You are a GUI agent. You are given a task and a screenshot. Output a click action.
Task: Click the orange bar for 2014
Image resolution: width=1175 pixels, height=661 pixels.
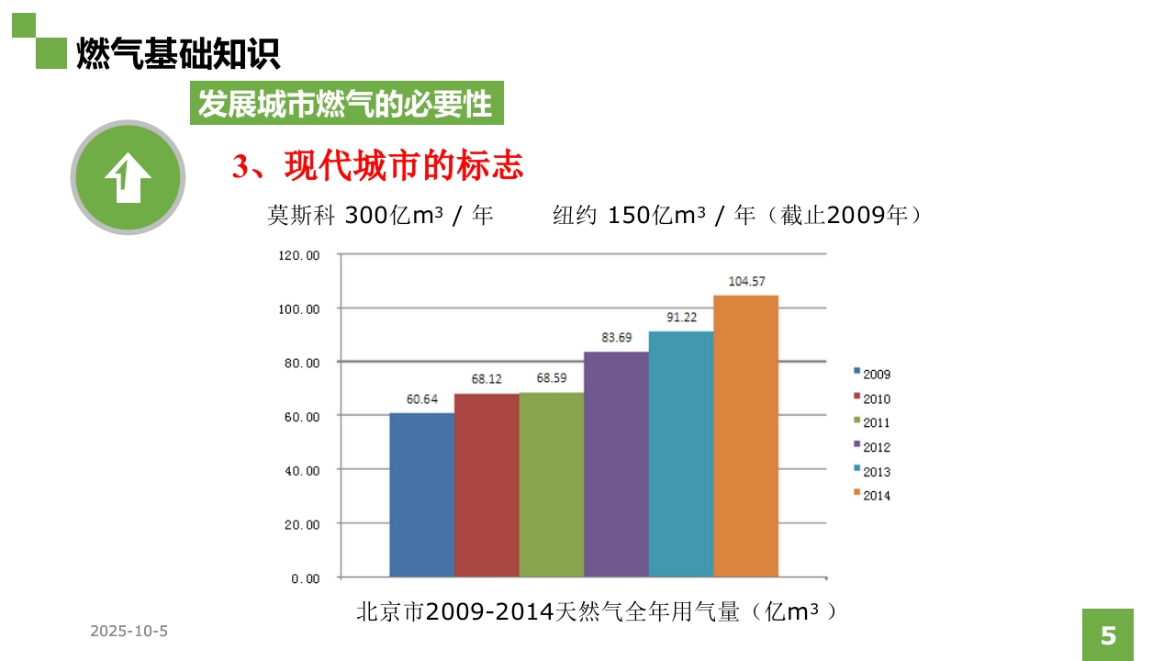click(x=745, y=436)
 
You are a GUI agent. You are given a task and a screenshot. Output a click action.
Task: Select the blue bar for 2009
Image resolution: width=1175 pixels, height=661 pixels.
click(x=421, y=495)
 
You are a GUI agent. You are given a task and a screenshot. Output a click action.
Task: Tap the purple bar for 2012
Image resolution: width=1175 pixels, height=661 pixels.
click(x=616, y=464)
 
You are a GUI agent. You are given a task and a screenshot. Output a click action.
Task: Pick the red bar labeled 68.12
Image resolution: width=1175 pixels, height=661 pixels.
click(x=487, y=485)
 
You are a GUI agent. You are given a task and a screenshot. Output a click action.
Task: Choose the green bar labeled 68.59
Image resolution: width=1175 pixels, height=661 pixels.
click(x=551, y=485)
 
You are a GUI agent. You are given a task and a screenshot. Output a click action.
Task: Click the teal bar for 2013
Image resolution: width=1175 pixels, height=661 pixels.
click(x=681, y=454)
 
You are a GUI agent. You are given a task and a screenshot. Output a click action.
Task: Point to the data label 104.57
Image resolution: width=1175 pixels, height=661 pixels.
click(x=746, y=281)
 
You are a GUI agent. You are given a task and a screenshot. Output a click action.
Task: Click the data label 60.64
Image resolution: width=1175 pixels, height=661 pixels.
click(x=422, y=399)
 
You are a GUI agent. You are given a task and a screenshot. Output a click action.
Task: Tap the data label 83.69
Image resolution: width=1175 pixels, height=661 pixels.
click(x=616, y=337)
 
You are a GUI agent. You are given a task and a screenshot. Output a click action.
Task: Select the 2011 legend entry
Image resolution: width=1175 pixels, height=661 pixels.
click(x=872, y=423)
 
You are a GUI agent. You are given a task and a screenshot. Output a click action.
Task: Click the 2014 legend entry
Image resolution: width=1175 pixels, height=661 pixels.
click(x=872, y=496)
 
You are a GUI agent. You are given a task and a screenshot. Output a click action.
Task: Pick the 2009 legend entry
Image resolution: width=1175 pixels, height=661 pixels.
click(x=872, y=375)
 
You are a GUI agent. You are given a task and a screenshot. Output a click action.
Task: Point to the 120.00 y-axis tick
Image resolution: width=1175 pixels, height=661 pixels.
click(x=299, y=255)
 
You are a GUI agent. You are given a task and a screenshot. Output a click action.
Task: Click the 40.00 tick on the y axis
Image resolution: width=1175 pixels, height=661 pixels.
click(x=299, y=471)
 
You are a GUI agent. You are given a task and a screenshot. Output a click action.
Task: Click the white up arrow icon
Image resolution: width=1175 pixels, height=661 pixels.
click(x=128, y=177)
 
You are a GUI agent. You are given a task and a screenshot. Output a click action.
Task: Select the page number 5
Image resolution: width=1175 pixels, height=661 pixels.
click(x=1108, y=635)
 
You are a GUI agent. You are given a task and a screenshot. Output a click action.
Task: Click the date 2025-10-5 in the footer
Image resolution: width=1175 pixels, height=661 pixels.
click(x=129, y=632)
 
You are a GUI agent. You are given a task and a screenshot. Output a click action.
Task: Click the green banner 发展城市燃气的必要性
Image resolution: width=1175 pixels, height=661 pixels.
click(x=346, y=104)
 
